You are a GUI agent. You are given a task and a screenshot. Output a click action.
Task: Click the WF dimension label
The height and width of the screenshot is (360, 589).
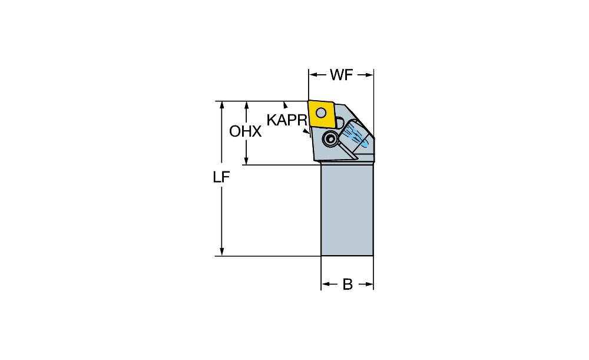click(x=342, y=75)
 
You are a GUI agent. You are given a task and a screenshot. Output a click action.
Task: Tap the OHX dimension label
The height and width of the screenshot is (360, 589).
click(x=245, y=131)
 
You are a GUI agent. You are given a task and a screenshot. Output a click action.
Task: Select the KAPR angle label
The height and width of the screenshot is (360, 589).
click(x=287, y=120)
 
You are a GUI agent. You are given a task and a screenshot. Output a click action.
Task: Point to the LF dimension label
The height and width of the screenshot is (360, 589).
click(x=221, y=177)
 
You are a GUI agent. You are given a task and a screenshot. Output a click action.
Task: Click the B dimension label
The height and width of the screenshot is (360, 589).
click(x=348, y=285)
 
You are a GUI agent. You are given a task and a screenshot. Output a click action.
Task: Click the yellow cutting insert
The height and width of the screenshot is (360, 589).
click(x=322, y=114)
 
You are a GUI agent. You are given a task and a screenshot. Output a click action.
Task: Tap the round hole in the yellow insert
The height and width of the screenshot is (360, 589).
click(x=320, y=112)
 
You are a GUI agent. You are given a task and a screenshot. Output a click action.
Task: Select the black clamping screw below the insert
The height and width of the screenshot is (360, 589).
click(x=330, y=140)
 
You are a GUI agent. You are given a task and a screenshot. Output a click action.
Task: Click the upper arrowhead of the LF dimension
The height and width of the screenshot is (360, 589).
click(x=221, y=105)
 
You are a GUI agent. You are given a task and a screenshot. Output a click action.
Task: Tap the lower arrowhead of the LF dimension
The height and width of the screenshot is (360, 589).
click(x=221, y=252)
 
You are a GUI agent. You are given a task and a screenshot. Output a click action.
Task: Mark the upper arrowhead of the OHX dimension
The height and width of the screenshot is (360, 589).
click(x=246, y=105)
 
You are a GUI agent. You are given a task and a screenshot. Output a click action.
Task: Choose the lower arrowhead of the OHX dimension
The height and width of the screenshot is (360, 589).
click(x=246, y=160)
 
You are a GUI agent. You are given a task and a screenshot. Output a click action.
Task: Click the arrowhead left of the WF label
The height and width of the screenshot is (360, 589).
click(x=313, y=75)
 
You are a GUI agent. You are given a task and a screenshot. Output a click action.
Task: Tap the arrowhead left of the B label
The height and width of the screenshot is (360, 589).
click(x=325, y=285)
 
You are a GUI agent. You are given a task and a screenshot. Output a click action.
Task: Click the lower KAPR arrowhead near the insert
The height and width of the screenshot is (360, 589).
click(x=307, y=131)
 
